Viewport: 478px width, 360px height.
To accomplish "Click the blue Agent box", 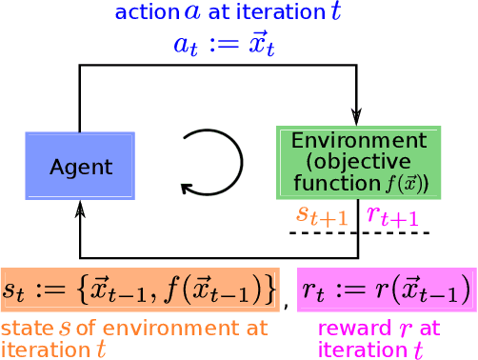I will click(80, 166).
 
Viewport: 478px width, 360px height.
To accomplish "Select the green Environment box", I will click(359, 162).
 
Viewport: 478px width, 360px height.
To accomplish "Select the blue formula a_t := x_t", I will click(224, 44).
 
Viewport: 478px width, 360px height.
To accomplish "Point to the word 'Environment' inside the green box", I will click(359, 140).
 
